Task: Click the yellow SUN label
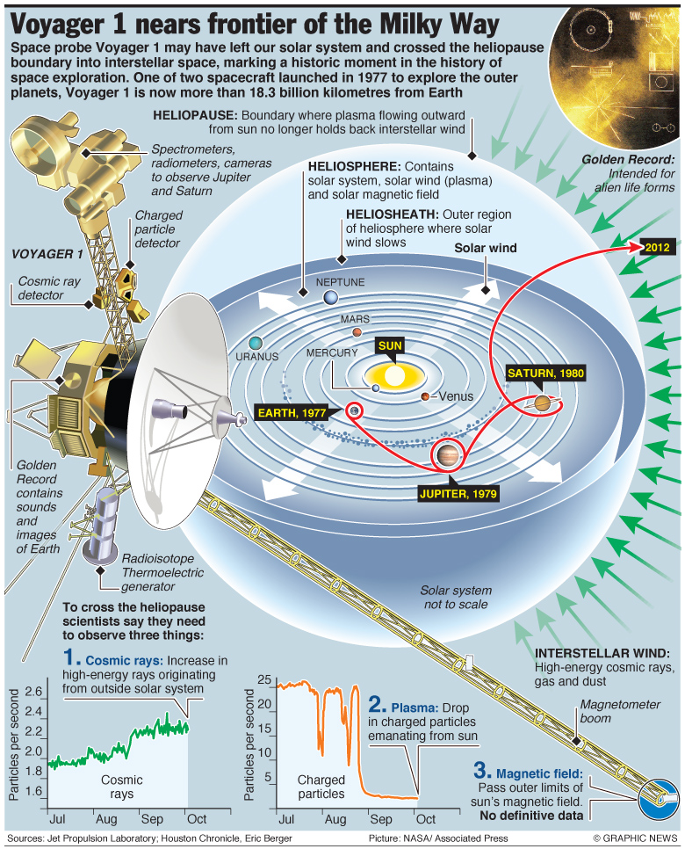391,345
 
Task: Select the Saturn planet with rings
541,403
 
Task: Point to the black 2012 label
656,247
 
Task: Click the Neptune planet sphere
330,299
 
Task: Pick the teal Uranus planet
255,343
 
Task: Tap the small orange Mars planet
357,332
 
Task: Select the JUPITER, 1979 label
458,493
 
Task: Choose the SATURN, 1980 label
545,373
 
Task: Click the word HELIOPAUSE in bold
194,115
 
